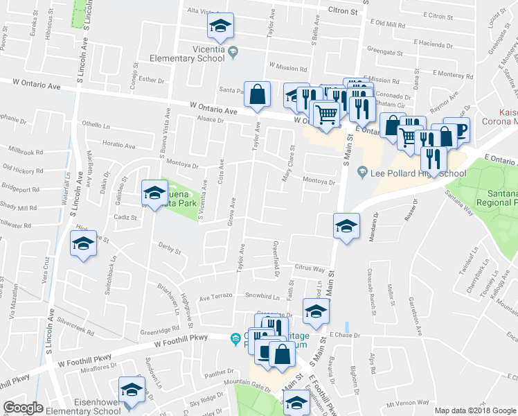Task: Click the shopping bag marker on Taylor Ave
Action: click(x=257, y=95)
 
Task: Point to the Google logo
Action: click(x=23, y=408)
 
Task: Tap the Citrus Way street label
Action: click(x=310, y=268)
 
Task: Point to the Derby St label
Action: click(x=169, y=250)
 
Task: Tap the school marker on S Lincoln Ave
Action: click(x=83, y=243)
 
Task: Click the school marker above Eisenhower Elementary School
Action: click(x=131, y=389)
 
